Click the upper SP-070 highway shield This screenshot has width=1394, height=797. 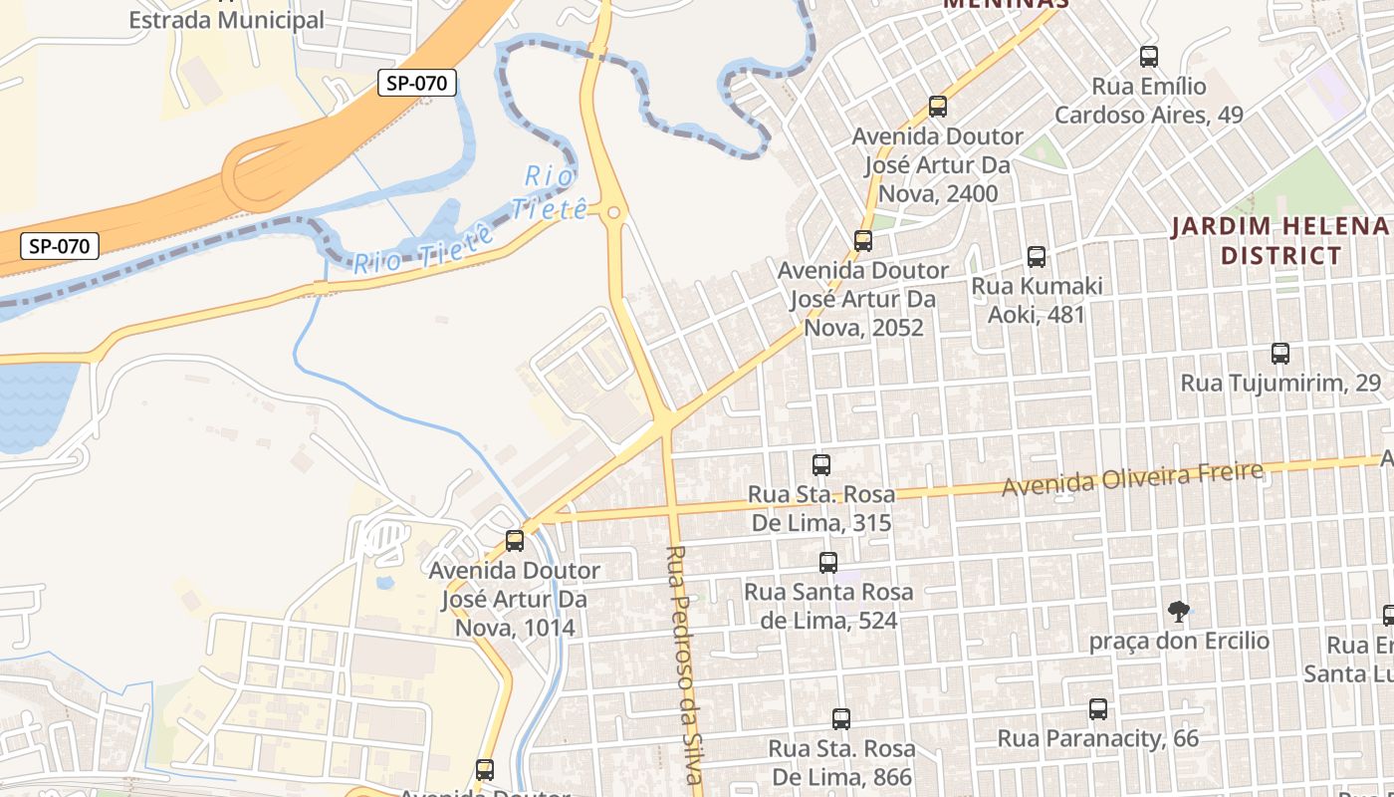tap(416, 84)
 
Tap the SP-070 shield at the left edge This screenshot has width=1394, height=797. tap(60, 245)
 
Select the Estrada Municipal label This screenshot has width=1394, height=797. tap(227, 19)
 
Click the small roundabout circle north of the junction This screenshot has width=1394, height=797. tap(613, 212)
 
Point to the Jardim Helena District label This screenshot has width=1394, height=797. tap(1280, 240)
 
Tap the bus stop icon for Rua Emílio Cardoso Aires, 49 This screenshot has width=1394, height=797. tap(1149, 57)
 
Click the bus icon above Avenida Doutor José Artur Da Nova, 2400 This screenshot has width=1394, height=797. tap(937, 106)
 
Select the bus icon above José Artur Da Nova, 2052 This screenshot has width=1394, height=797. tap(863, 240)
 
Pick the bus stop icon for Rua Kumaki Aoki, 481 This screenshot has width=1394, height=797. tap(1037, 257)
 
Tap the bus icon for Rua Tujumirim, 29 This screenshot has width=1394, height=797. tap(1280, 353)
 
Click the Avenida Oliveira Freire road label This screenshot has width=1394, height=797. tap(1132, 479)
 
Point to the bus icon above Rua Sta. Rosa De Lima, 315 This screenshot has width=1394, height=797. tap(821, 464)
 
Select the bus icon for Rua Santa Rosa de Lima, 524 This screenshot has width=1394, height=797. tap(828, 562)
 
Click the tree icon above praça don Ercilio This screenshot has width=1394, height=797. tap(1179, 611)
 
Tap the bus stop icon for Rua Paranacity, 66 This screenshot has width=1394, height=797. tap(1098, 709)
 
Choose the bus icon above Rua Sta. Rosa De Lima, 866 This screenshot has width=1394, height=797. tap(841, 718)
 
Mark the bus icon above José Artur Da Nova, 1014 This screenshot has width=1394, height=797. tap(515, 541)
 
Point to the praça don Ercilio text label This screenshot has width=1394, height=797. tap(1179, 641)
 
